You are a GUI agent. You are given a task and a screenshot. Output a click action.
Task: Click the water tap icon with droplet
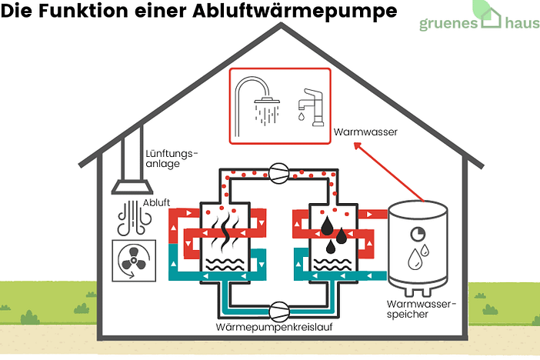point(307,105)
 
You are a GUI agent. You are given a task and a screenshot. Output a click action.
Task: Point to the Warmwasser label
point(365,132)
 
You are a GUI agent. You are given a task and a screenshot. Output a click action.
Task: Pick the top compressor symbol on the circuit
point(278,173)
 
